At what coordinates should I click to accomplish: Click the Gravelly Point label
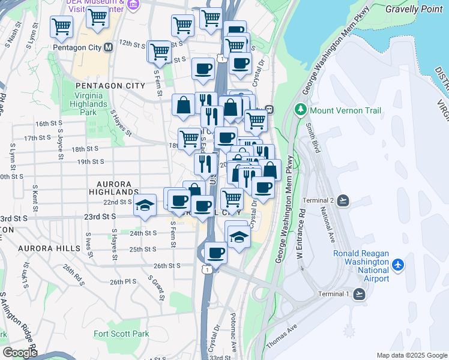(414, 10)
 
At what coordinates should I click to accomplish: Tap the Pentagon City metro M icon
(109, 47)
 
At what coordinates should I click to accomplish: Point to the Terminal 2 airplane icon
(343, 200)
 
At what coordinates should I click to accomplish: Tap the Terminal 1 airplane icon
(359, 293)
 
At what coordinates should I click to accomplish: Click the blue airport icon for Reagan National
(398, 265)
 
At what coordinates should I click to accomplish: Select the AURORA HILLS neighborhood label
(49, 248)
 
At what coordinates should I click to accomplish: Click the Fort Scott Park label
(121, 334)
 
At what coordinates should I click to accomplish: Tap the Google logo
(19, 352)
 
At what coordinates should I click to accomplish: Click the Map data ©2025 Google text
(412, 355)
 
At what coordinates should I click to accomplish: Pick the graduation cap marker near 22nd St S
(145, 205)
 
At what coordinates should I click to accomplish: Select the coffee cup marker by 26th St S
(215, 253)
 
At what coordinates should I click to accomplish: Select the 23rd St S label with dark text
(100, 217)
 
